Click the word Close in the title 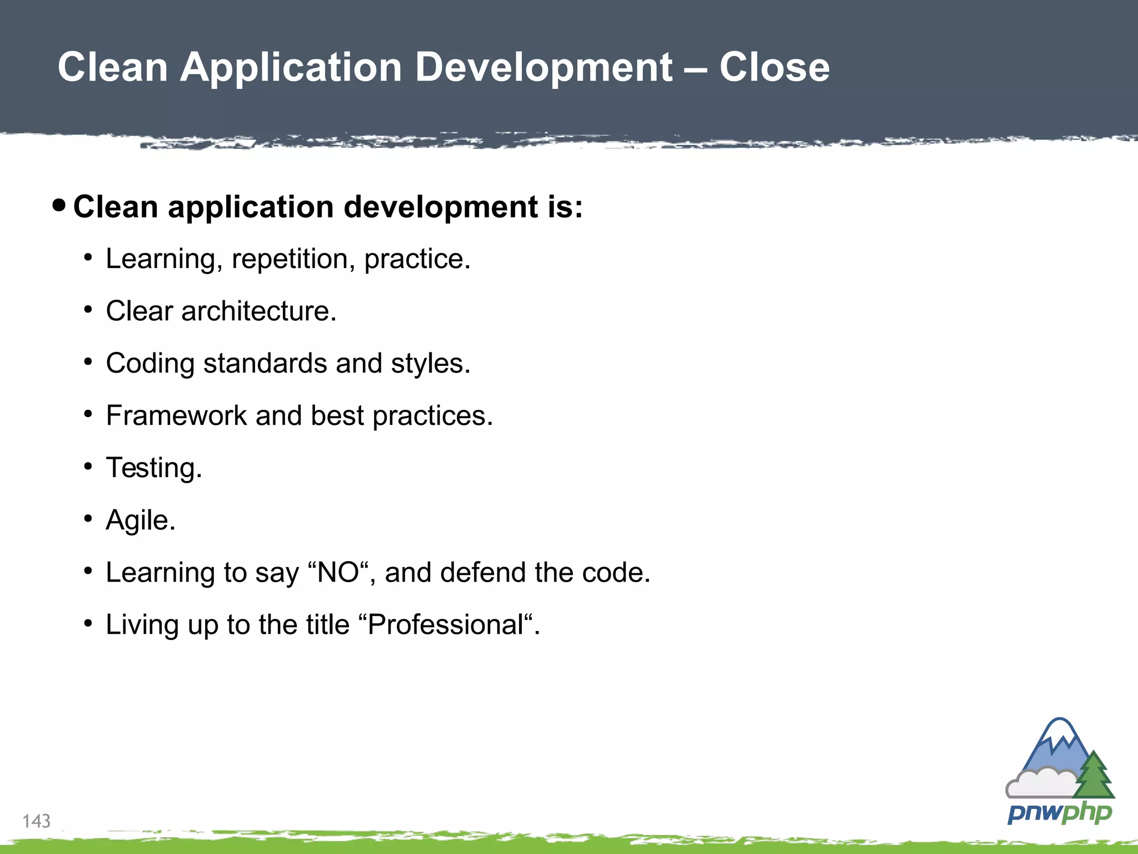tap(774, 67)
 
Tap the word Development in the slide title tap(544, 67)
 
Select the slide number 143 tap(36, 821)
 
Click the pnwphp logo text tap(1059, 813)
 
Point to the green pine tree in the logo tap(1094, 775)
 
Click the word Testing tap(153, 468)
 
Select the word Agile tap(140, 520)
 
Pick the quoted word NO tap(338, 572)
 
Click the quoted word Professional tap(446, 624)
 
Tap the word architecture tap(258, 311)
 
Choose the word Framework tap(176, 415)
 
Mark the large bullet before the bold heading tap(59, 206)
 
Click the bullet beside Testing tap(88, 466)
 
